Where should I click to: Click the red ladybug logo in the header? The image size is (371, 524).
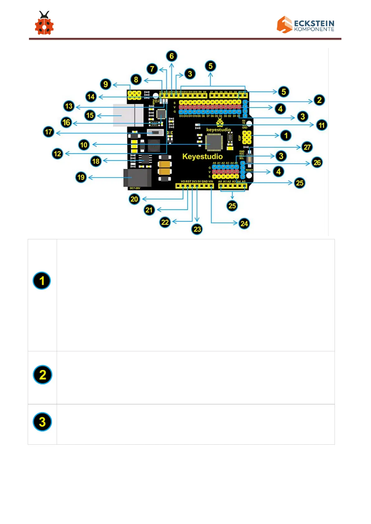tap(44, 24)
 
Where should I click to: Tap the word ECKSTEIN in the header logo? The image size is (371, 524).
tap(314, 23)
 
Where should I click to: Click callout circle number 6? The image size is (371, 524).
tap(172, 56)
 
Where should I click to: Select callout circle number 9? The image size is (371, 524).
tap(106, 84)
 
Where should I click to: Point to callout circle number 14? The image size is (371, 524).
tap(91, 96)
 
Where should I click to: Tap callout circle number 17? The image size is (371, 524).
tap(49, 132)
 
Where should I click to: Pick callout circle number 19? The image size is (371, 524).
tap(81, 177)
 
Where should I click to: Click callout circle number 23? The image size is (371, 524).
tap(197, 229)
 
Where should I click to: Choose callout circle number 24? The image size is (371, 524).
tap(244, 223)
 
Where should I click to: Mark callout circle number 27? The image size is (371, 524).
tap(307, 147)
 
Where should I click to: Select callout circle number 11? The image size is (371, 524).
tap(321, 125)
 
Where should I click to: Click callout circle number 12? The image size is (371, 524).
tap(57, 154)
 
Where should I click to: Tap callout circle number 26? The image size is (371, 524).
tap(317, 162)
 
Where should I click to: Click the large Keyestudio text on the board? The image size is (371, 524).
tap(202, 157)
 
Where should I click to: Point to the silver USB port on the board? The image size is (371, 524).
tap(128, 115)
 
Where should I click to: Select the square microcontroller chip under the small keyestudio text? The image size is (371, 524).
tap(213, 142)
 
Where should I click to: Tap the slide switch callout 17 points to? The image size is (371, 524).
tap(155, 133)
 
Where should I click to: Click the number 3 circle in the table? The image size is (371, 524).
tap(42, 422)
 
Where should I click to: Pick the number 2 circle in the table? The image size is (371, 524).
tap(42, 375)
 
